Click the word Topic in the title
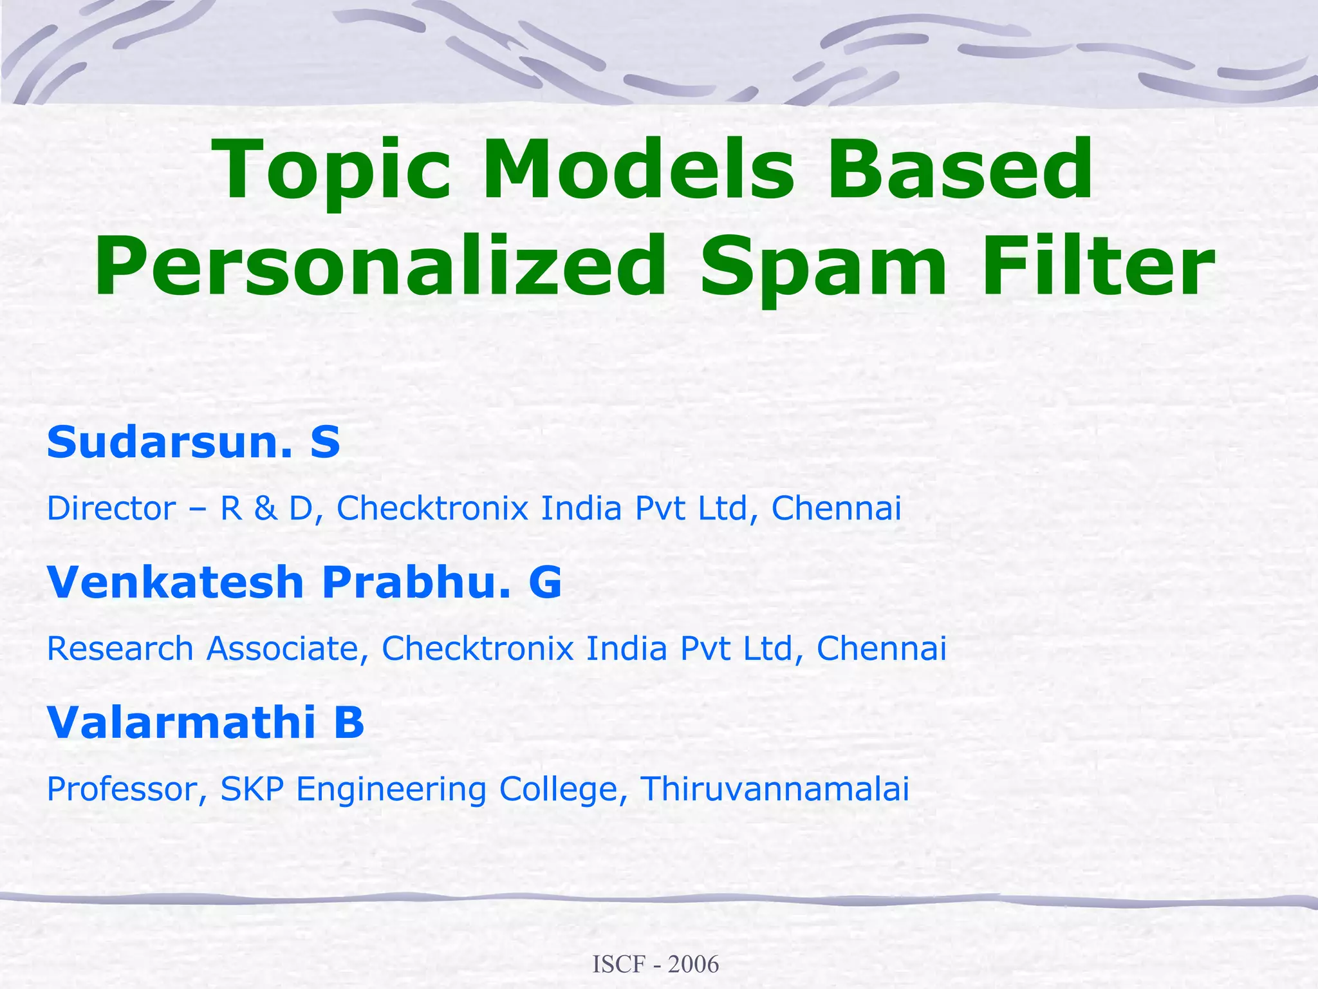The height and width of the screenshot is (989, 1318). (335, 171)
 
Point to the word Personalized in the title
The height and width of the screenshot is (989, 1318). (380, 267)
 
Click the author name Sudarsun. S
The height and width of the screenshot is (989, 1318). (193, 442)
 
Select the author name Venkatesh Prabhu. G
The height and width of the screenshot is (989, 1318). (304, 582)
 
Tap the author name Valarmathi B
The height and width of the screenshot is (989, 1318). (205, 722)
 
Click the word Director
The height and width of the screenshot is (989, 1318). (111, 509)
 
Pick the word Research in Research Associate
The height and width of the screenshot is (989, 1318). (120, 648)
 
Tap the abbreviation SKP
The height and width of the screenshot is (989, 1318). (252, 789)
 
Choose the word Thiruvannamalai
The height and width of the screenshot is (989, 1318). (775, 789)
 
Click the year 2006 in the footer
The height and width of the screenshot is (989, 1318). (693, 965)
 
